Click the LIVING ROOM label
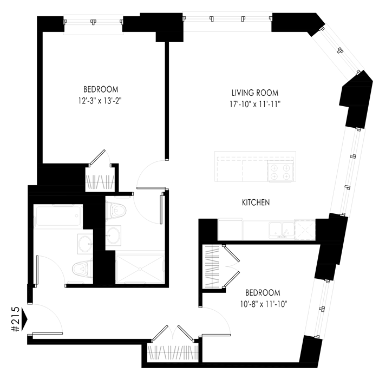coord(255,92)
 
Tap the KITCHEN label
coord(256,203)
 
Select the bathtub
coord(58,218)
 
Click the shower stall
coord(140,267)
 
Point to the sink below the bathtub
coord(84,243)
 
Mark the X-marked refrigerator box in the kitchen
coord(304,229)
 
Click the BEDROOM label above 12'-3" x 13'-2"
coord(101,89)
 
